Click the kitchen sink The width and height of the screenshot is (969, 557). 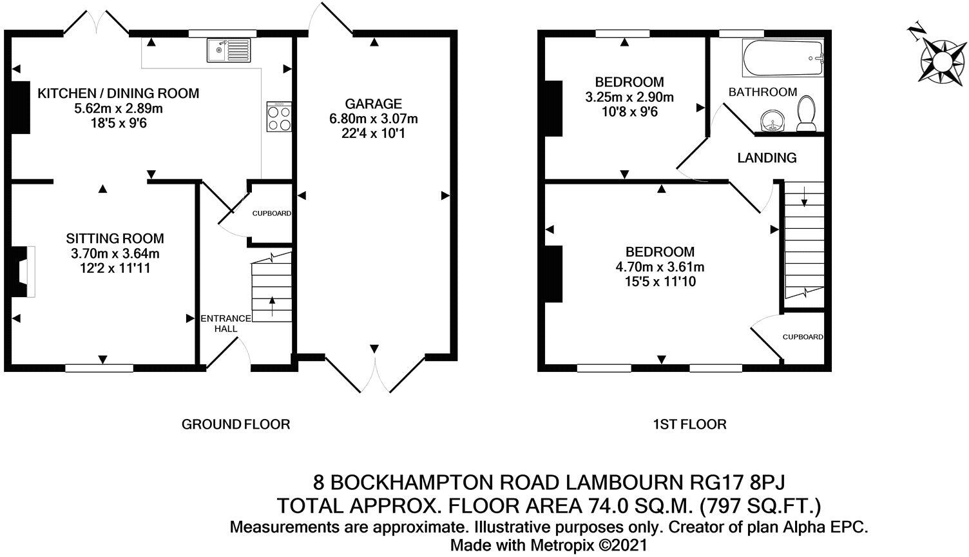pos(229,50)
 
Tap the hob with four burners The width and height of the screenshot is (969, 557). pos(279,117)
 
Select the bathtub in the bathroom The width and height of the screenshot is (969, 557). pos(783,58)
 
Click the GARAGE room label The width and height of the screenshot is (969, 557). pos(373,104)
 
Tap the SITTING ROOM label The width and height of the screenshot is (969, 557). pos(115,239)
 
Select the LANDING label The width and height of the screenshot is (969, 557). pos(767,158)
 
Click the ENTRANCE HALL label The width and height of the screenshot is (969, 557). pos(225,323)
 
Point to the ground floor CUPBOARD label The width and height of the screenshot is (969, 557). pos(272,213)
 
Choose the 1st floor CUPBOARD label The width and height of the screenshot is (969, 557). pos(803,337)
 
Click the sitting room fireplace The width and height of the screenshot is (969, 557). pos(21,272)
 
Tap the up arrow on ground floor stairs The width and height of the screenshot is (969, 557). pos(272,306)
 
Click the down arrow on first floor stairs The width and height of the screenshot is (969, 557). pos(804,196)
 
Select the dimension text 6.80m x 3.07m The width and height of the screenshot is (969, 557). pos(374,119)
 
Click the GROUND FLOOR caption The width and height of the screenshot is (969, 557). pos(236,425)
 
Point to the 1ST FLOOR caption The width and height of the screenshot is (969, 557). pos(689,425)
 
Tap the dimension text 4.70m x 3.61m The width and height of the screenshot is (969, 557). pos(660,267)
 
